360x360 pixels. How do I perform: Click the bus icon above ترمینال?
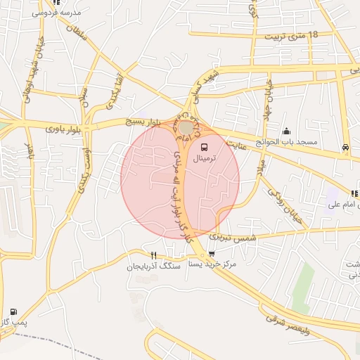(x=204, y=148)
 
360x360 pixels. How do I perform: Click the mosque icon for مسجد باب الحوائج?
(x=286, y=131)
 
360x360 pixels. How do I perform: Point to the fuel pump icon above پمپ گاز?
(x=13, y=311)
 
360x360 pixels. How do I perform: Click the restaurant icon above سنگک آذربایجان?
(x=153, y=255)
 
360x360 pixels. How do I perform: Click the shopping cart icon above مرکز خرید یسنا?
(x=212, y=254)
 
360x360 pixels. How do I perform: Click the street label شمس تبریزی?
(x=239, y=238)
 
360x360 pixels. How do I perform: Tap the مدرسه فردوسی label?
(x=58, y=13)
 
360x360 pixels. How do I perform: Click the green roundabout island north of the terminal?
(x=186, y=127)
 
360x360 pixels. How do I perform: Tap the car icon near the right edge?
(x=345, y=147)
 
